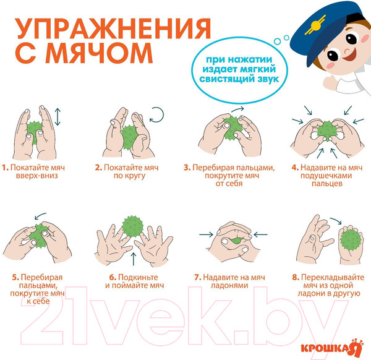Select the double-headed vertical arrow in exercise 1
(x=58, y=116)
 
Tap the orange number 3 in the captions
(x=187, y=168)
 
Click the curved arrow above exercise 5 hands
(x=40, y=216)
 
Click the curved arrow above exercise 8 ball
(x=336, y=220)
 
